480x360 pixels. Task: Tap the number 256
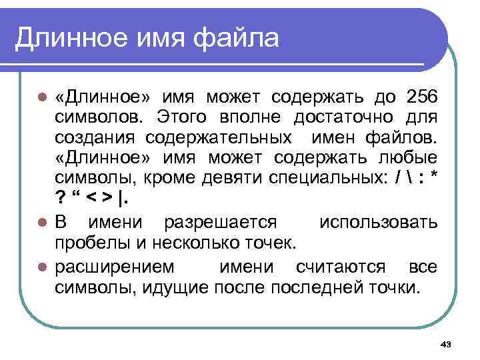point(421,97)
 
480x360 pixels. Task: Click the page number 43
point(447,344)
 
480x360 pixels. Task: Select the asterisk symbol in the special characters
point(434,179)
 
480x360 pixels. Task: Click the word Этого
point(179,118)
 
